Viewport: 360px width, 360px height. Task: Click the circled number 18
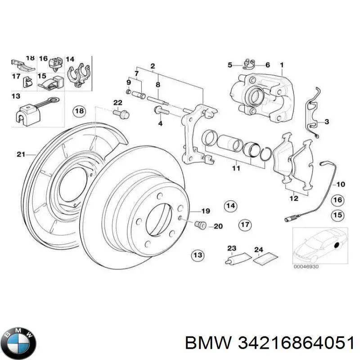coord(79,111)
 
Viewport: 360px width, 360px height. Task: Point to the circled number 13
coord(197,256)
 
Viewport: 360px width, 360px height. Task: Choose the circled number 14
coord(230,206)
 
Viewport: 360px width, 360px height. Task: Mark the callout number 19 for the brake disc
coord(206,211)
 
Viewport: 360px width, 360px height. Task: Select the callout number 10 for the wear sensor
coord(340,184)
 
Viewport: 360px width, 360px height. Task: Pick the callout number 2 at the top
coord(153,66)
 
